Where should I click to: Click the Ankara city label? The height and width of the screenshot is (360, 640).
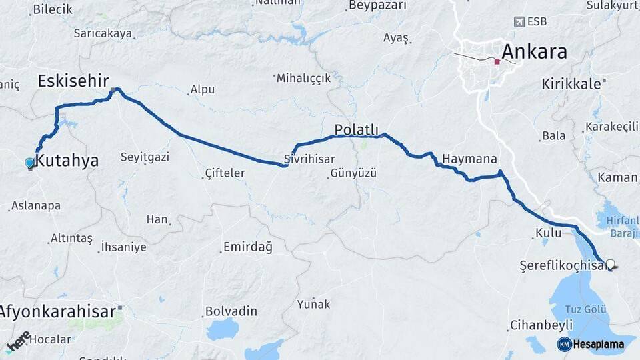click(534, 51)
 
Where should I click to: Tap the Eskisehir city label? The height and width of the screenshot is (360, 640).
click(73, 81)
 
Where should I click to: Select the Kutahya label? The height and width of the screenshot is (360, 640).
click(67, 161)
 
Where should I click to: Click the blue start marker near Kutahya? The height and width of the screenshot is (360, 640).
click(29, 163)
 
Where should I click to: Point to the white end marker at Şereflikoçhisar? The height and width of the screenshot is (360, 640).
click(609, 264)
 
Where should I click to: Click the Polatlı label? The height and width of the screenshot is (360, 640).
click(357, 129)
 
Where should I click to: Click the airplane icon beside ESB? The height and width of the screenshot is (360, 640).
click(519, 22)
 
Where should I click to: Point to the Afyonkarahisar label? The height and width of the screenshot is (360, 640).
click(57, 311)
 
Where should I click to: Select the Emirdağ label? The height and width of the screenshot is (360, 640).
click(248, 248)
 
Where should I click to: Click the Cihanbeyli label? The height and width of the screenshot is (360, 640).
click(541, 325)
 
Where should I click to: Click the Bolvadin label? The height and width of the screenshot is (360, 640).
click(231, 311)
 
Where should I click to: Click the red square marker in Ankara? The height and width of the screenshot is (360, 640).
click(497, 62)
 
